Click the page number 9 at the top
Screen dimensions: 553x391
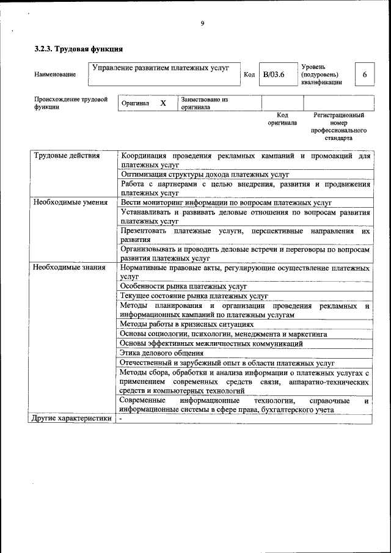pyautogui.click(x=202, y=24)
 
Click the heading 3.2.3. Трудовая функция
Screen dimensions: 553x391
pyautogui.click(x=79, y=48)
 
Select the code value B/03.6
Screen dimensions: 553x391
pyautogui.click(x=274, y=75)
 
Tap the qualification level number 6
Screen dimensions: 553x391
pyautogui.click(x=365, y=75)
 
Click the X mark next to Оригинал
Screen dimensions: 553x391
pyautogui.click(x=163, y=103)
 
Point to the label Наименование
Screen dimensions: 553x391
pyautogui.click(x=55, y=75)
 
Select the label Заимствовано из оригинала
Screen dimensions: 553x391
pyautogui.click(x=204, y=103)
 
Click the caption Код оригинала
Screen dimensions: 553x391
pyautogui.click(x=282, y=119)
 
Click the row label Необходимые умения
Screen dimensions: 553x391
pyautogui.click(x=70, y=202)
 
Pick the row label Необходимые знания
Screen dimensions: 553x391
pyautogui.click(x=69, y=267)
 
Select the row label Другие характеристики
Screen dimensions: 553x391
pyautogui.click(x=71, y=419)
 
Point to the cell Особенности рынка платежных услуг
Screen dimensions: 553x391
pyautogui.click(x=183, y=286)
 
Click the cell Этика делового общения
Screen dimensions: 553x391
pyautogui.click(x=162, y=353)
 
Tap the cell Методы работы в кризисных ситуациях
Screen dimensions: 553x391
pyautogui.click(x=186, y=324)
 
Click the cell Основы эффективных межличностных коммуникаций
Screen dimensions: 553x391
pyautogui.click(x=211, y=343)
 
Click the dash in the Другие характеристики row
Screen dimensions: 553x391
pyautogui.click(x=121, y=419)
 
